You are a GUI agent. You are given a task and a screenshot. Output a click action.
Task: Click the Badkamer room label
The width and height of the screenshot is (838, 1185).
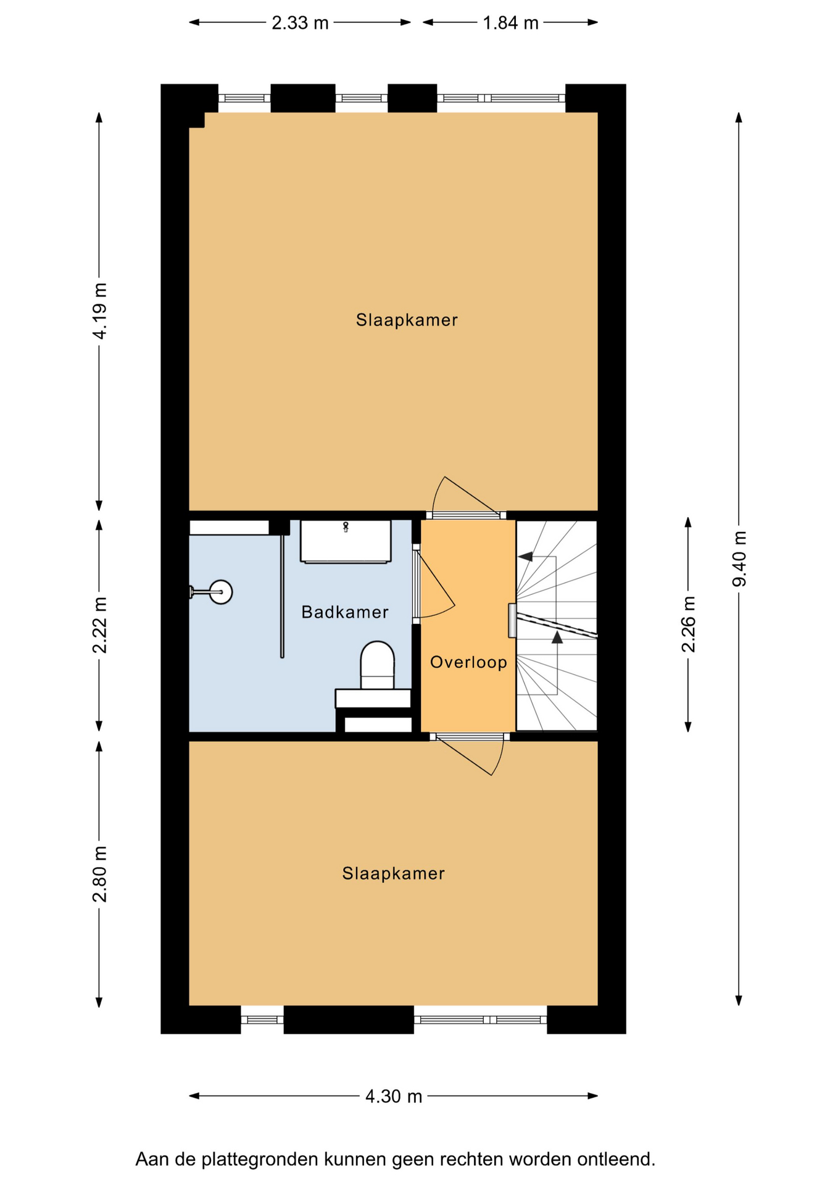345,612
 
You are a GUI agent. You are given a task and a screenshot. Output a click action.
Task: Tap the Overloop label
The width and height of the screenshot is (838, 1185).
469,662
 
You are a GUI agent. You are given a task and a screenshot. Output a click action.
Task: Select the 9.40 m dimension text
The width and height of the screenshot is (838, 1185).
739,559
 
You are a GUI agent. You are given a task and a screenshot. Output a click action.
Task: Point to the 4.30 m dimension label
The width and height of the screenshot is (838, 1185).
394,1096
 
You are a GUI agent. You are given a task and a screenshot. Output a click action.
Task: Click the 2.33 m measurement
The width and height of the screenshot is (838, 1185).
301,23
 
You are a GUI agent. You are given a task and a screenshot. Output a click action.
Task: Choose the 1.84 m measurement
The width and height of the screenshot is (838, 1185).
510,23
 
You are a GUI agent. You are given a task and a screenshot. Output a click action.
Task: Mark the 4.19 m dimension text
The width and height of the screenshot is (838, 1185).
99,311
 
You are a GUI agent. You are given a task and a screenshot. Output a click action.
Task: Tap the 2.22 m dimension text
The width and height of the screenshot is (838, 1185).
99,625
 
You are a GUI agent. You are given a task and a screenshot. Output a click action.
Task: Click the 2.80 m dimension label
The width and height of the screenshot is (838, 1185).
99,874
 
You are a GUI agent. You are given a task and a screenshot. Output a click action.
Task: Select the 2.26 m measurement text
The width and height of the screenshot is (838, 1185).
688,624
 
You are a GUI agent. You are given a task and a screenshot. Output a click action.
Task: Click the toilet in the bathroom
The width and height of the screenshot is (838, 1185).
377,665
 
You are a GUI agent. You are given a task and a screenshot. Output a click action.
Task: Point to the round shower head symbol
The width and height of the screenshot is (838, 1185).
221,592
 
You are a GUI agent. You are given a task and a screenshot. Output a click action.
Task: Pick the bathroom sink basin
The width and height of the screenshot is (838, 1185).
346,541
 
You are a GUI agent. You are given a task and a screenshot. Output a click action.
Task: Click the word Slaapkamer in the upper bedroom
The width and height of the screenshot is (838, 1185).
407,320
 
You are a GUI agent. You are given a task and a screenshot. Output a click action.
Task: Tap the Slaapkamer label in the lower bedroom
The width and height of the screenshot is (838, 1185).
394,873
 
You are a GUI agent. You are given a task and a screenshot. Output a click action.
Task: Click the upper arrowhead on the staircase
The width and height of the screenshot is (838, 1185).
525,557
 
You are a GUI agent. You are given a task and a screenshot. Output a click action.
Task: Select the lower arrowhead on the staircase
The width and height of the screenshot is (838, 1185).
557,637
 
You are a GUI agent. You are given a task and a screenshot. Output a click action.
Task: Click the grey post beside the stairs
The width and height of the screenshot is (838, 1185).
512,620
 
